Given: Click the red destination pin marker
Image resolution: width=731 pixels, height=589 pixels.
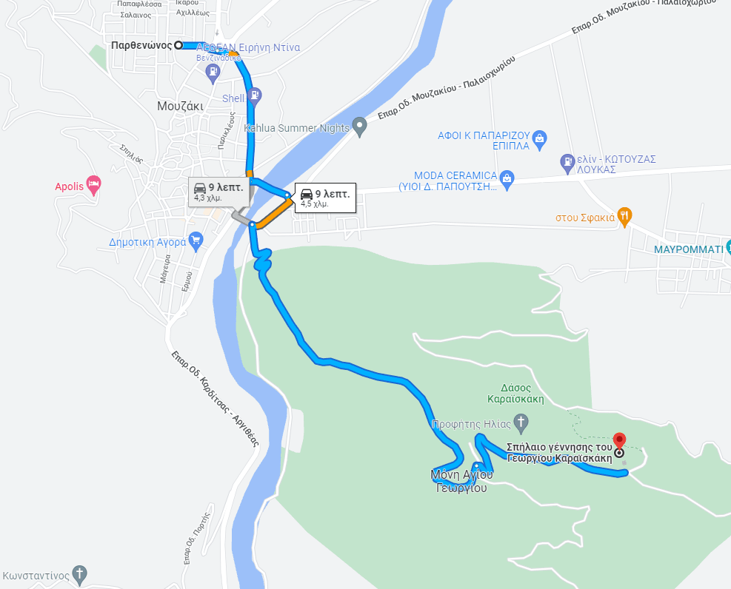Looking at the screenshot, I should (x=619, y=440).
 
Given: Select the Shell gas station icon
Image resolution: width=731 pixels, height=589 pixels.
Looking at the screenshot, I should (x=255, y=95).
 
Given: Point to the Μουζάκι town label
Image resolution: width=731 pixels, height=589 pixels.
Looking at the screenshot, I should (x=180, y=107).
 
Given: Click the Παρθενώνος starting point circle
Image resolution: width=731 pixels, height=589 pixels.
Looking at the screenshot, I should (x=178, y=45).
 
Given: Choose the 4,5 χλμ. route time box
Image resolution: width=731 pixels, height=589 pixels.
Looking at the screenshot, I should (x=324, y=198).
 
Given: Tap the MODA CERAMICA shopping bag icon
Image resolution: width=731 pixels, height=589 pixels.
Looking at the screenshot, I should (x=507, y=177).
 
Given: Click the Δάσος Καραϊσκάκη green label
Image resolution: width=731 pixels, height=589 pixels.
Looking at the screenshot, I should (x=515, y=393).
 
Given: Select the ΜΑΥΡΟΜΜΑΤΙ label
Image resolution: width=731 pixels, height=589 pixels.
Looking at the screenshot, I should (x=688, y=249).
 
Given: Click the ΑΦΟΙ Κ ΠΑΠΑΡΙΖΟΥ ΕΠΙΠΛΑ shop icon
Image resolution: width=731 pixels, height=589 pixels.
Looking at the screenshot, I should (x=540, y=138).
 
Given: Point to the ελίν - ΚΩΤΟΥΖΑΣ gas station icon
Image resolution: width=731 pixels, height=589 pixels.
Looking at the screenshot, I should (x=567, y=160).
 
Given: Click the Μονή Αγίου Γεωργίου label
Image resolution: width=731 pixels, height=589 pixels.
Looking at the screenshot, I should (x=461, y=480).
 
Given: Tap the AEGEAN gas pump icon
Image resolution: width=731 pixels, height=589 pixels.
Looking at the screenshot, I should (x=213, y=72).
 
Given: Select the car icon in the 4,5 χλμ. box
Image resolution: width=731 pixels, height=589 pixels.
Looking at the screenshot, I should (x=306, y=195).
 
